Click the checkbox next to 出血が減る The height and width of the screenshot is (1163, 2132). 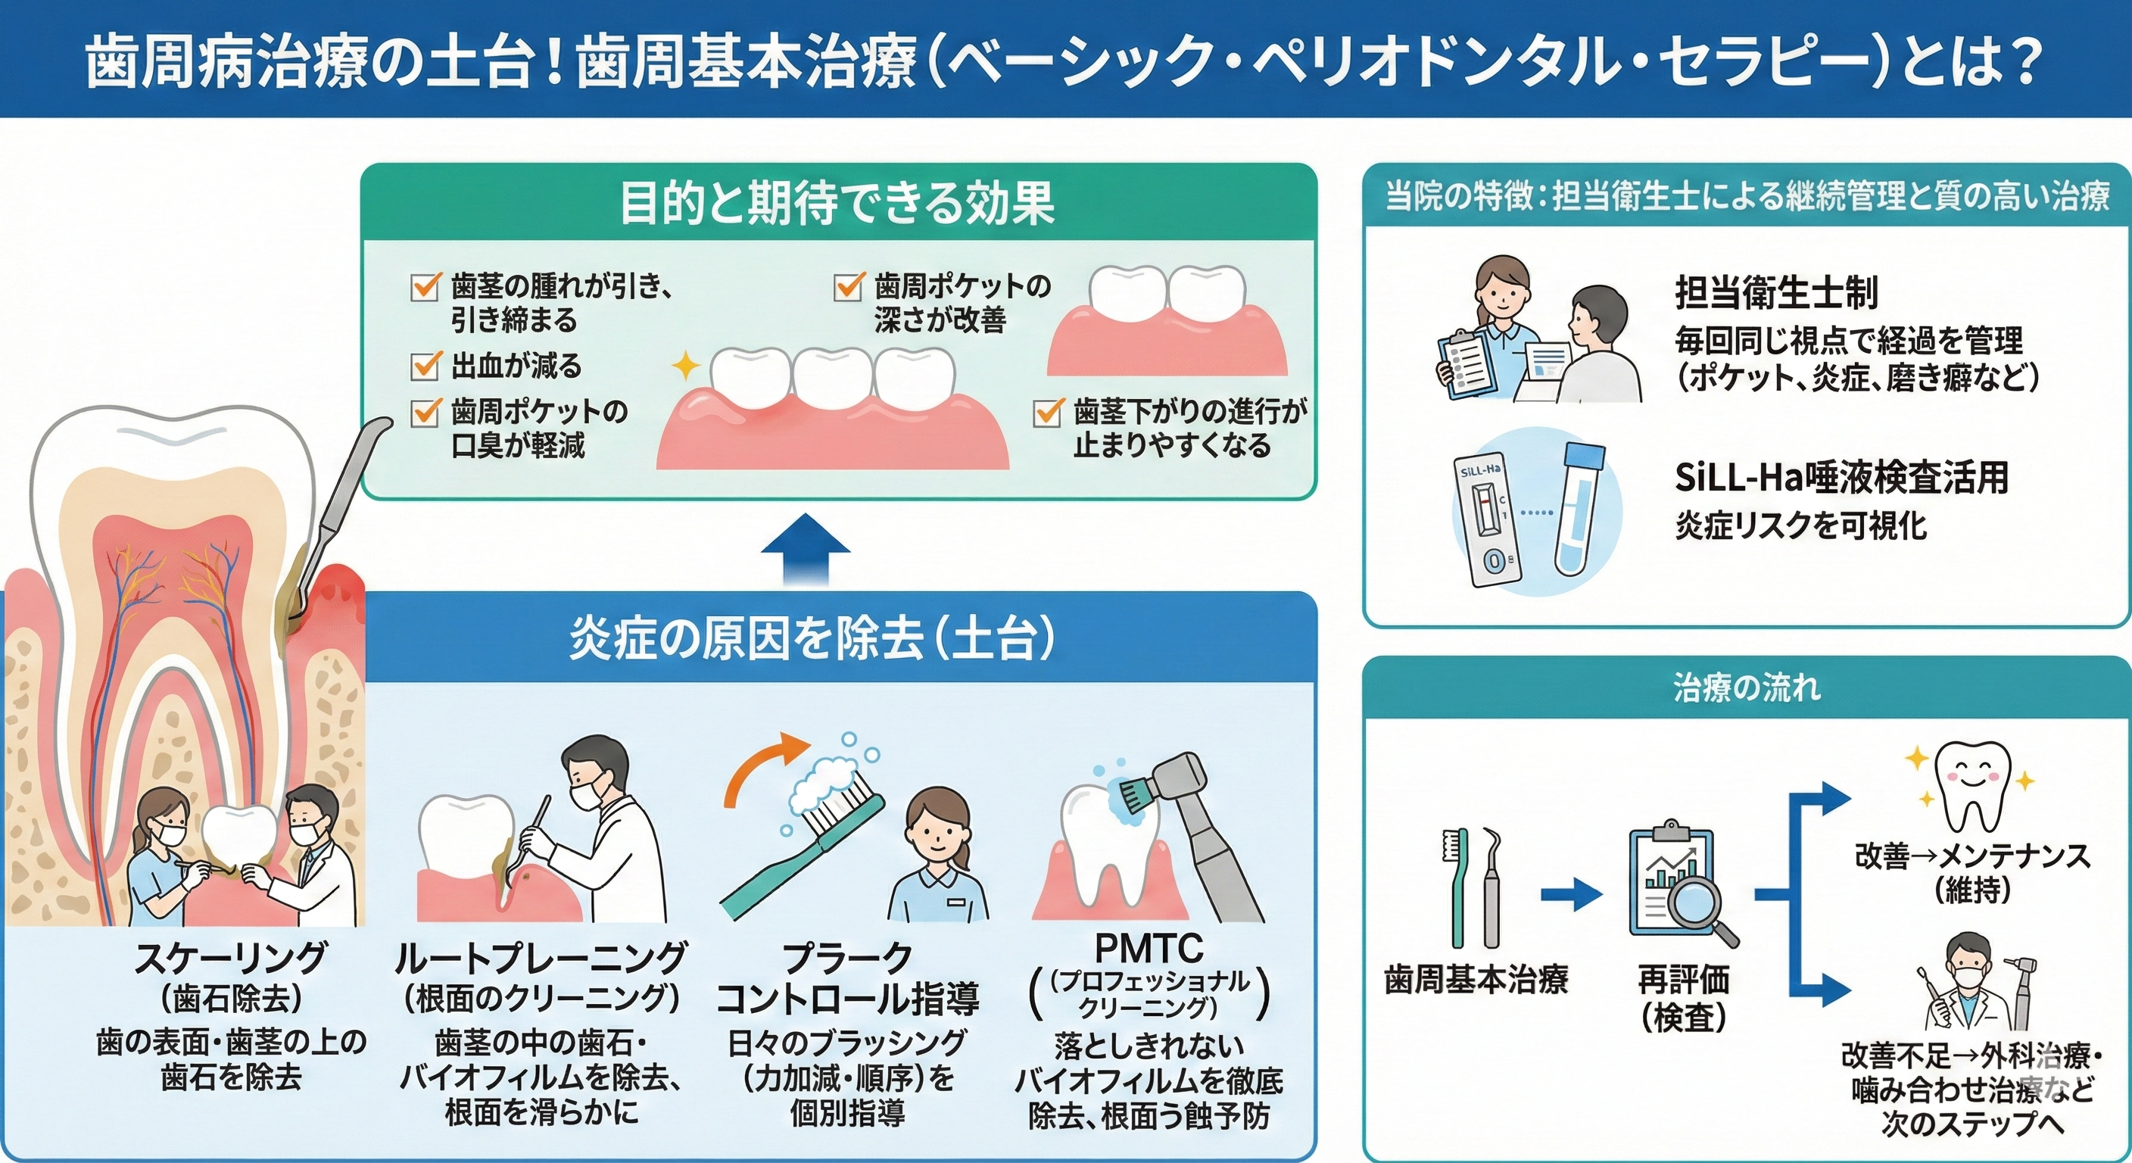pos(425,365)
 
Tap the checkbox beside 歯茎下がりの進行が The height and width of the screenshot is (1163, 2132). pos(1048,411)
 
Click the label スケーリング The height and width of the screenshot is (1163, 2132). pos(231,958)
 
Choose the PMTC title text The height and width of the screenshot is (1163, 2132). pos(1149,949)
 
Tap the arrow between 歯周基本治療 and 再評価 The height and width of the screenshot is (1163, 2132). pos(1571,894)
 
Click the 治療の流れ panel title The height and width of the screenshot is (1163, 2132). pos(1747,688)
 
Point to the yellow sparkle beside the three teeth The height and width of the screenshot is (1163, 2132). pos(685,365)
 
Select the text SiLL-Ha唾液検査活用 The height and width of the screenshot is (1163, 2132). pos(1841,477)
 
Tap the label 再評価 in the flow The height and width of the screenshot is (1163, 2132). pos(1684,980)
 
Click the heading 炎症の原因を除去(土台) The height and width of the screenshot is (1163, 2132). pos(812,639)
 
